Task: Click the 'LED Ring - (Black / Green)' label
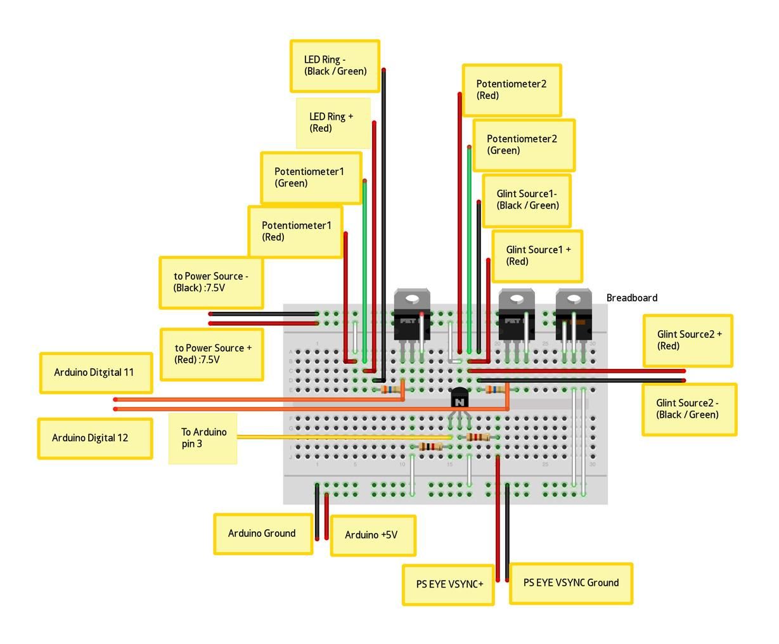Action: [335, 66]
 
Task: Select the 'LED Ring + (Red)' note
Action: [333, 123]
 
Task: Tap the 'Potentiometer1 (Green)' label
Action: [311, 177]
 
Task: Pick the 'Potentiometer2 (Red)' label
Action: [512, 90]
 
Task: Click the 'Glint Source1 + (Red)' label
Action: [537, 255]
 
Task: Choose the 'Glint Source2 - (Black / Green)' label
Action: [689, 409]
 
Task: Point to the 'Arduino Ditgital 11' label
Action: [96, 372]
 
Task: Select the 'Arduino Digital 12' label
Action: [95, 438]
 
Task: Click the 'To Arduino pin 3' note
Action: [203, 438]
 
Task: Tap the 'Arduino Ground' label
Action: [263, 534]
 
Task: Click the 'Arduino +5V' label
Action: [373, 535]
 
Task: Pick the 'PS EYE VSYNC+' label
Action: [448, 584]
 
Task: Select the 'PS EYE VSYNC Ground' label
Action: [571, 583]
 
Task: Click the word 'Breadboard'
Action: [632, 298]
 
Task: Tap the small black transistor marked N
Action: [460, 397]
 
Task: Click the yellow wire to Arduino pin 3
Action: [344, 437]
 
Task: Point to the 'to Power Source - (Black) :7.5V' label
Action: [211, 283]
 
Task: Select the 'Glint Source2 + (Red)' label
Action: [688, 340]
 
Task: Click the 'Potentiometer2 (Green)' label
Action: [524, 145]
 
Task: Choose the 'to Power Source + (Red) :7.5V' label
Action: [212, 354]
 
